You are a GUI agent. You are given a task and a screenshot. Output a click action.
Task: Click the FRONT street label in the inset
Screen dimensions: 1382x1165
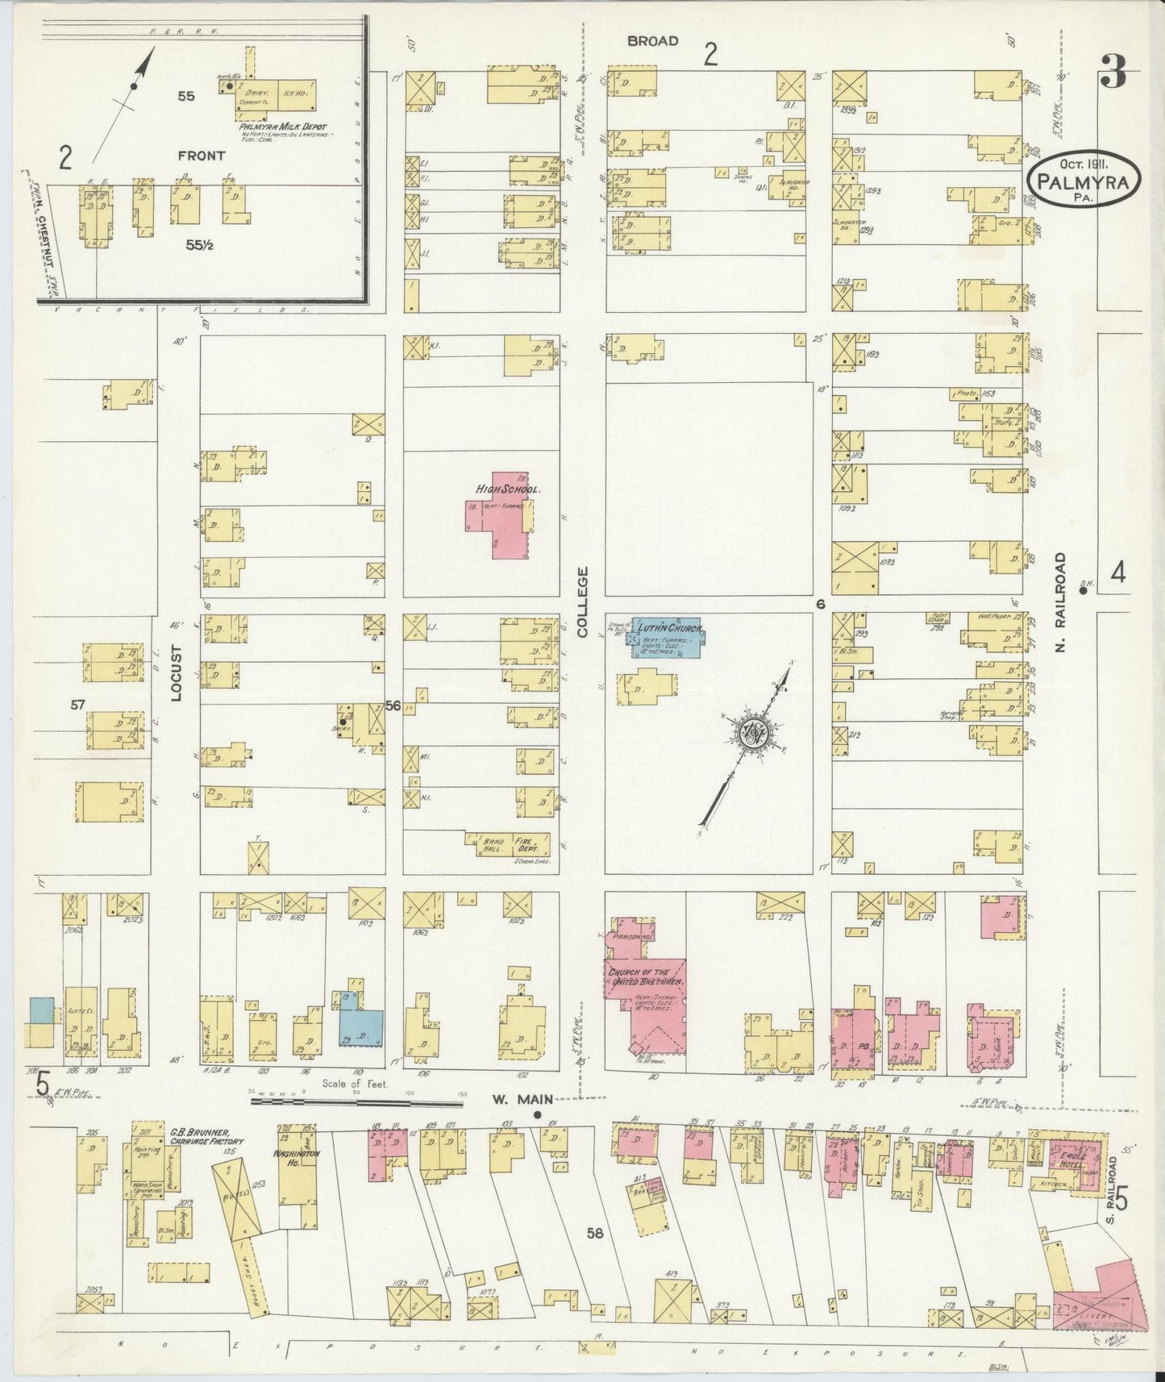[202, 156]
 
